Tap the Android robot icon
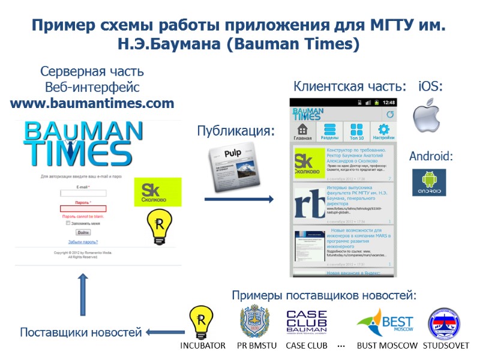pyautogui.click(x=428, y=182)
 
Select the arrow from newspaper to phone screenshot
pyautogui.click(x=239, y=199)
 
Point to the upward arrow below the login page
pyautogui.click(x=83, y=294)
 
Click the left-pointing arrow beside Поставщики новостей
pyautogui.click(x=164, y=332)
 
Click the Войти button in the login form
pyautogui.click(x=83, y=232)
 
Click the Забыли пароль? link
pyautogui.click(x=83, y=242)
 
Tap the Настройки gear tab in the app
pyautogui.click(x=383, y=131)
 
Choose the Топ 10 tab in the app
pyautogui.click(x=356, y=131)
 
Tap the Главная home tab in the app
pyautogui.click(x=303, y=131)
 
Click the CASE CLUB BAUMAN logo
pyautogui.click(x=306, y=324)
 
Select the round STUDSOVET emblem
pyautogui.click(x=444, y=324)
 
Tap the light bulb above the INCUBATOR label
pyautogui.click(x=202, y=323)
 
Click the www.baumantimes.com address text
pyautogui.click(x=92, y=103)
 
